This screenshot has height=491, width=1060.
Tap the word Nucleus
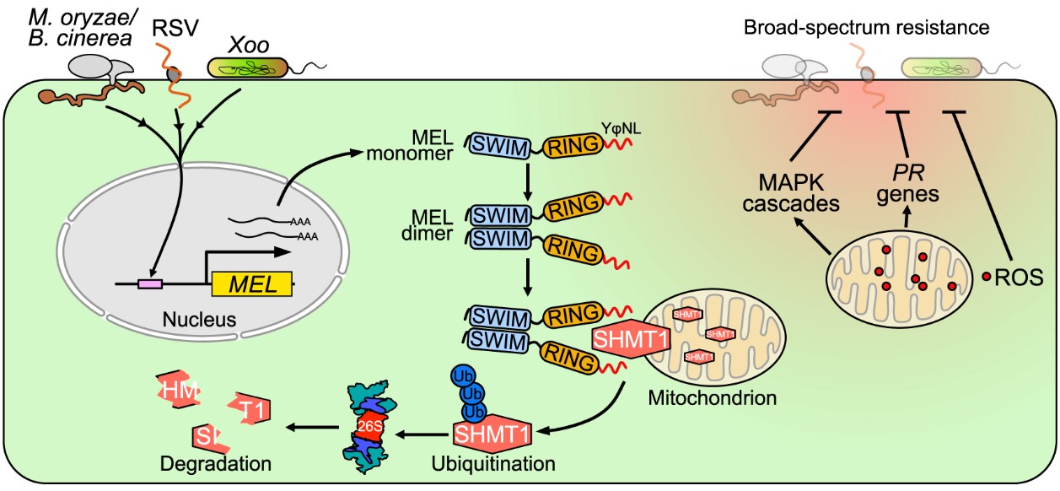(200, 319)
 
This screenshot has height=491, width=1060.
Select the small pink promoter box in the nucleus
(150, 284)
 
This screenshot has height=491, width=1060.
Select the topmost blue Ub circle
(463, 375)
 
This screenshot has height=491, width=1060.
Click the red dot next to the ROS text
(987, 276)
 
